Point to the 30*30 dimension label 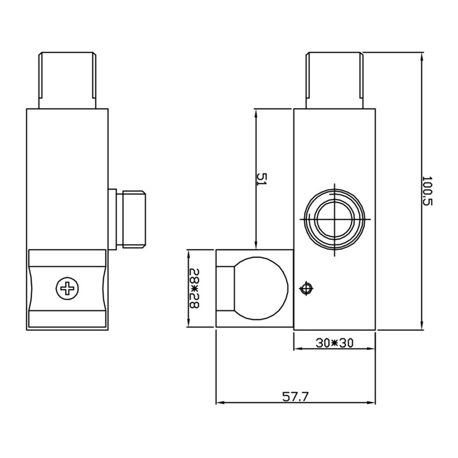tap(335, 343)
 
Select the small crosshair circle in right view tap(306, 288)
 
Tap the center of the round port tap(334, 219)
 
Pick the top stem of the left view tap(67, 80)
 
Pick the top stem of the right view tap(335, 80)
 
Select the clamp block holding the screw tap(67, 289)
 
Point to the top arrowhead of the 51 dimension tap(256, 112)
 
